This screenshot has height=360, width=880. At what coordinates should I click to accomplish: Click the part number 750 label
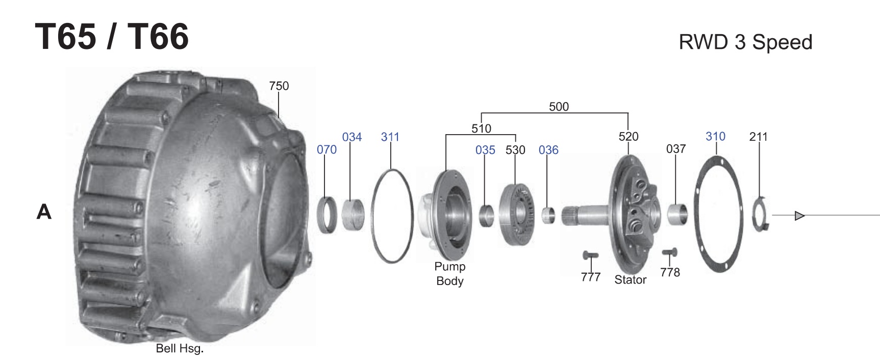[x=279, y=86]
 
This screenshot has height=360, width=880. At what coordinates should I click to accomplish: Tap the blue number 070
[x=326, y=149]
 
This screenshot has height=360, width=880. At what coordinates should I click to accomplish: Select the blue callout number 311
[x=390, y=137]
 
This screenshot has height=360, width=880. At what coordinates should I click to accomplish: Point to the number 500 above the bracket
[x=559, y=107]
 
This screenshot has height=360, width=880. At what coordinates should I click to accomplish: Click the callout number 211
[x=759, y=137]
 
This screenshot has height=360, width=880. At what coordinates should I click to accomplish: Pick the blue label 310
[x=715, y=136]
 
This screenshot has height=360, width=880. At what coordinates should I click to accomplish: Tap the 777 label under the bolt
[x=591, y=277]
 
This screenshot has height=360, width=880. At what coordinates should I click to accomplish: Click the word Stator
[x=631, y=279]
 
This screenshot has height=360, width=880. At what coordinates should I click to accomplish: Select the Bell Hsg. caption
[x=180, y=349]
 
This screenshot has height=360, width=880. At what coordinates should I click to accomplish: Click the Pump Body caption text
[x=450, y=273]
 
